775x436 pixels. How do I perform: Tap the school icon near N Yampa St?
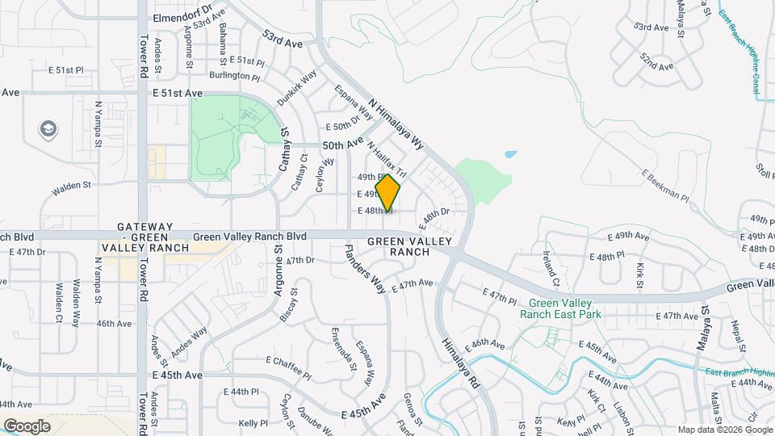(48, 129)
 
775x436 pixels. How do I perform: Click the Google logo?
(27, 426)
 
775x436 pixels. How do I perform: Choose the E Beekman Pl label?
(665, 185)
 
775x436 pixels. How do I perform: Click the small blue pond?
(509, 153)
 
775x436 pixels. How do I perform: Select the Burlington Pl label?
(235, 77)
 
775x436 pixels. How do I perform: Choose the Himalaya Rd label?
(460, 363)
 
